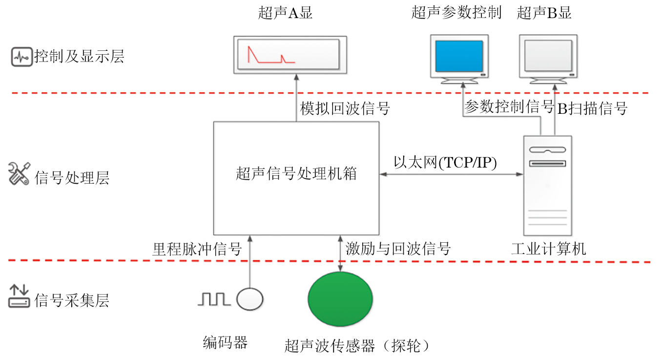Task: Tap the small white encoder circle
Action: [x=250, y=299]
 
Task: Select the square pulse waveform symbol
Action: [x=214, y=299]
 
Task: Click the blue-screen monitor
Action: [x=459, y=57]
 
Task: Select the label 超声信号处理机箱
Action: [x=296, y=173]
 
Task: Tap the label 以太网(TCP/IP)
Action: [x=445, y=163]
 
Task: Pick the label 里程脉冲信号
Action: [x=197, y=249]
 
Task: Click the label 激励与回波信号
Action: [x=398, y=249]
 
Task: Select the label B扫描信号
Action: [x=592, y=108]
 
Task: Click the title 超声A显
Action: [x=285, y=13]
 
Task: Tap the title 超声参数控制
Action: [x=456, y=13]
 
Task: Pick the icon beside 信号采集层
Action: [x=20, y=296]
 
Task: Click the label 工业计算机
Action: [x=548, y=249]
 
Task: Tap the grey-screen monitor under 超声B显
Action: [x=548, y=57]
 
